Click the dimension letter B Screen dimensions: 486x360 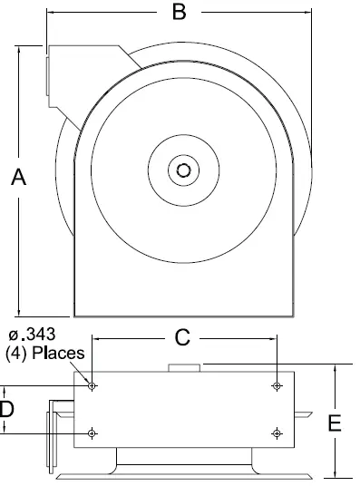[x=179, y=12]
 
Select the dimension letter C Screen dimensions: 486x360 [x=181, y=337]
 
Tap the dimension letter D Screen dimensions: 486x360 [x=7, y=409]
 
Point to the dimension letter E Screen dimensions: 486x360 [x=335, y=423]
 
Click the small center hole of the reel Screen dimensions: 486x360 [x=184, y=170]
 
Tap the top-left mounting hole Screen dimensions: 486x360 [x=92, y=386]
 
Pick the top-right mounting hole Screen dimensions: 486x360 [x=277, y=386]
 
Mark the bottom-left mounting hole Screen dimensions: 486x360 [x=92, y=434]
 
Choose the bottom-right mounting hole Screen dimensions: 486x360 [x=277, y=434]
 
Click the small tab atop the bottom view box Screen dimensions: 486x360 [x=184, y=367]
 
